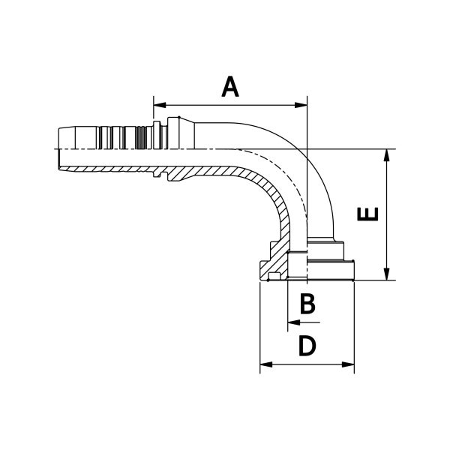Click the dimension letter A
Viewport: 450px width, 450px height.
pyautogui.click(x=231, y=87)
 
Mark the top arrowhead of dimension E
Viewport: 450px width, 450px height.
pyautogui.click(x=386, y=153)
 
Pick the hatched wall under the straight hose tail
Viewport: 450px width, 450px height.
pyautogui.click(x=202, y=172)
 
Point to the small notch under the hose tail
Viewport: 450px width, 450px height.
pyautogui.click(x=159, y=177)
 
